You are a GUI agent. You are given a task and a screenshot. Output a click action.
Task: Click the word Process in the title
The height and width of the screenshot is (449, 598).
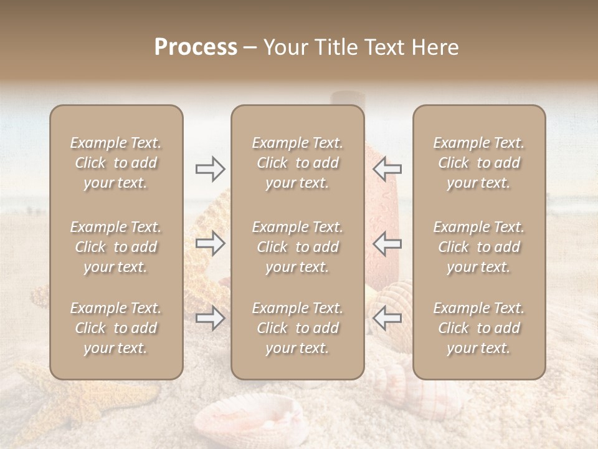196,47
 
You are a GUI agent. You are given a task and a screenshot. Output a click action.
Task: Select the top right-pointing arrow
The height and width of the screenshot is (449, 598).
211,168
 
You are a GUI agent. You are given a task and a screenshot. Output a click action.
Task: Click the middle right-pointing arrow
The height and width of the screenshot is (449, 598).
211,243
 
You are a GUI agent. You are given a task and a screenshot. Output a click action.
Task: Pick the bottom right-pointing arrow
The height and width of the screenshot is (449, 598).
211,319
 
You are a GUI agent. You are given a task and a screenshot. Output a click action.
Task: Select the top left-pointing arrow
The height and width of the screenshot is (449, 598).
387,168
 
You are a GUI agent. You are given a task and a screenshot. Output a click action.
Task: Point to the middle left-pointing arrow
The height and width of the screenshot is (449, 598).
387,243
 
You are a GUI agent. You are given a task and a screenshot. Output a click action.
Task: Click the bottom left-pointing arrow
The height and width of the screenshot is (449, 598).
387,319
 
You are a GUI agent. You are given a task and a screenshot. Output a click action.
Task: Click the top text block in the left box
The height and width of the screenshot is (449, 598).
116,163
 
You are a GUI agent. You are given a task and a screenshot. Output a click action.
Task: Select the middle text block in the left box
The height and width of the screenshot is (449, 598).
116,247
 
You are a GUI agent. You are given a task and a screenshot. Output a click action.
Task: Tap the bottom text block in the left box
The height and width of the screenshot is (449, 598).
116,328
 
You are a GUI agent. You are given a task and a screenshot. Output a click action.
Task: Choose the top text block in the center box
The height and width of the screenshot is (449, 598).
297,163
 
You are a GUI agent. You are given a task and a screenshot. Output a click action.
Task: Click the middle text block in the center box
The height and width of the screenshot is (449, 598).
297,247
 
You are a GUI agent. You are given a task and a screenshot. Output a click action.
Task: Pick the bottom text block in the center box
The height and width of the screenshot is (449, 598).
297,328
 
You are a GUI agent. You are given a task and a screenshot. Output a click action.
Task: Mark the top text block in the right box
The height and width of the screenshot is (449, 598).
478,163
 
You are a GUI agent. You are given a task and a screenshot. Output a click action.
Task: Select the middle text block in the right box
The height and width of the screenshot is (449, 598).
478,247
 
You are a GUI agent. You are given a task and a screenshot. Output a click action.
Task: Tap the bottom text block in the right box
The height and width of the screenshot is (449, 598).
478,328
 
